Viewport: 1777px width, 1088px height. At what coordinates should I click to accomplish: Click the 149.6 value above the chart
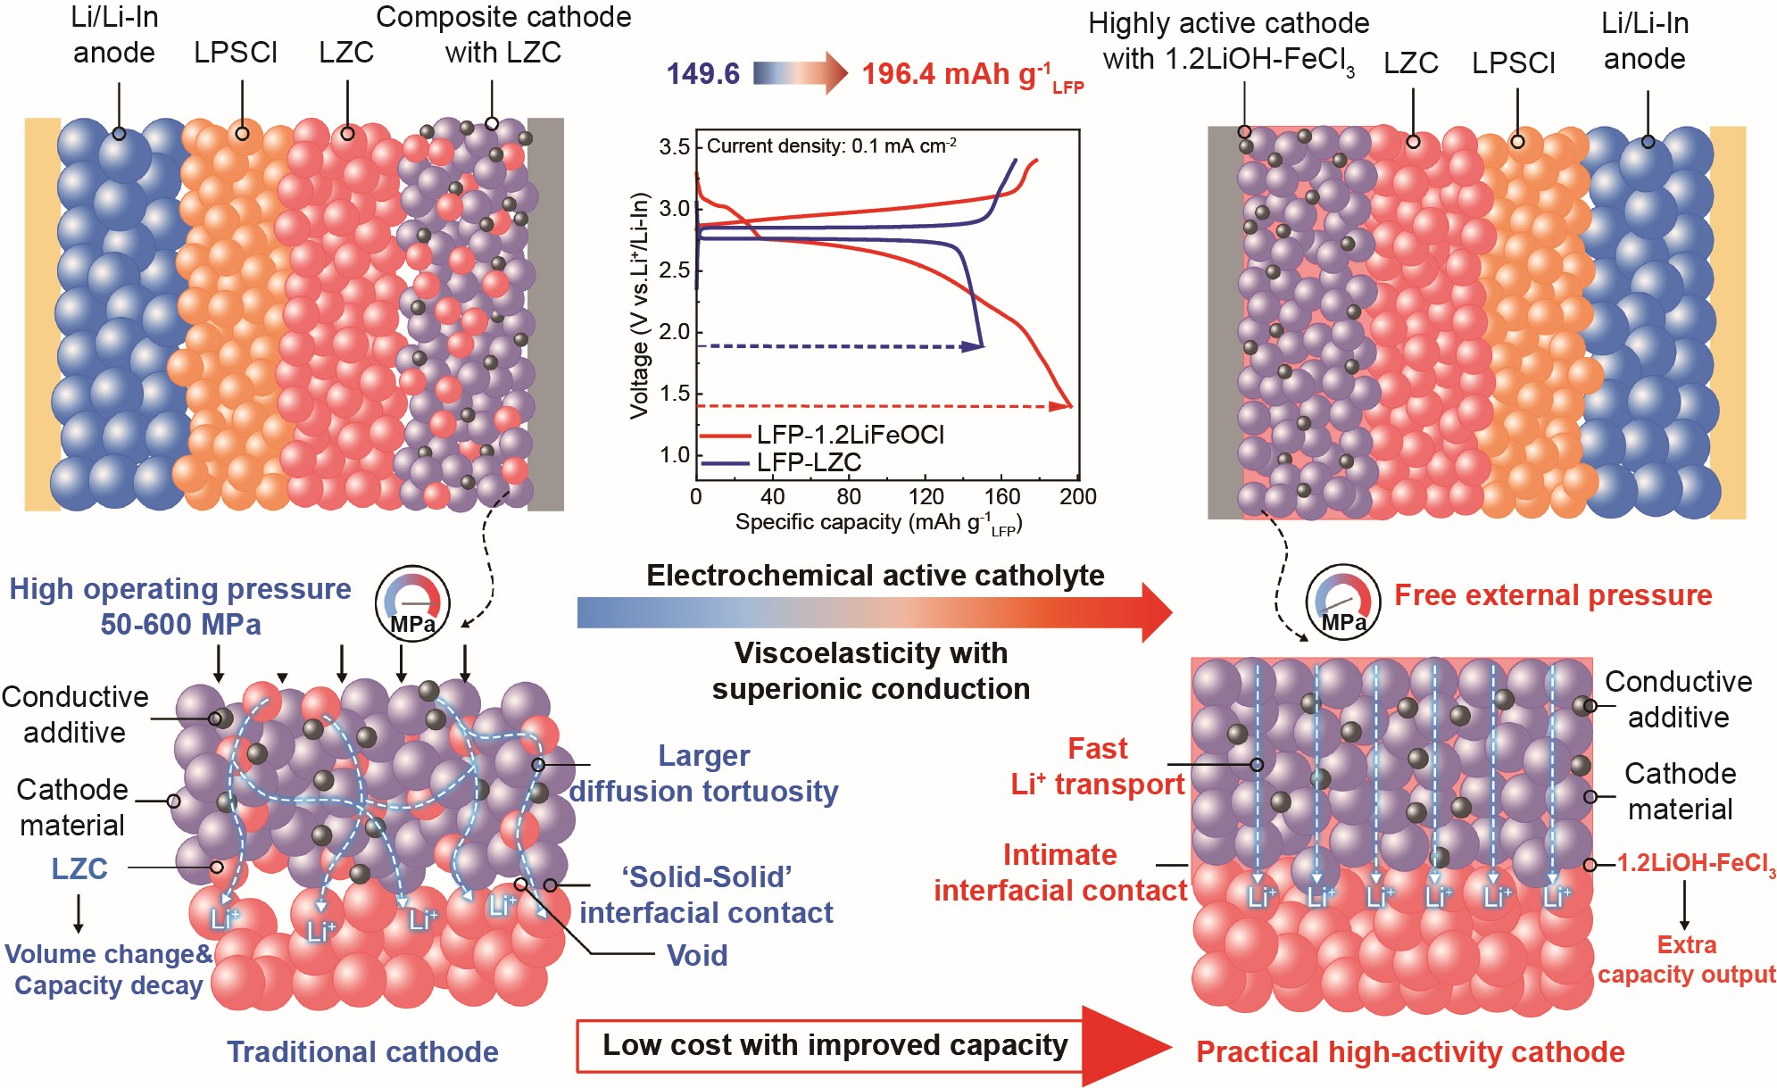point(702,73)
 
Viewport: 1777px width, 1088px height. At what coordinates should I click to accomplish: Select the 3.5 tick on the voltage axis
point(675,147)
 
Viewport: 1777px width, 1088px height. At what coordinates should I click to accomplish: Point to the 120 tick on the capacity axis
point(926,497)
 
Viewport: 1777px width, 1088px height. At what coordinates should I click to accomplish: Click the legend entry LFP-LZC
point(808,462)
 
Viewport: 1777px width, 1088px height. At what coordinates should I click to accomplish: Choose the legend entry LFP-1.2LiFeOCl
point(850,435)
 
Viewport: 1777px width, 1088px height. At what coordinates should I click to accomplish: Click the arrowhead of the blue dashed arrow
point(974,346)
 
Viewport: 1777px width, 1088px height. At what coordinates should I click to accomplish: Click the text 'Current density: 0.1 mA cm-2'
point(831,145)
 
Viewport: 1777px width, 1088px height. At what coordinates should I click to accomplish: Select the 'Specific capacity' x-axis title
point(878,523)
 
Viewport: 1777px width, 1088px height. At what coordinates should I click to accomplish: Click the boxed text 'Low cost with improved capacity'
point(835,1045)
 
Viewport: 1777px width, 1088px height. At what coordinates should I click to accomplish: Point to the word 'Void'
point(697,955)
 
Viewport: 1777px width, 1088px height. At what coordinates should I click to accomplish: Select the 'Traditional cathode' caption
point(362,1051)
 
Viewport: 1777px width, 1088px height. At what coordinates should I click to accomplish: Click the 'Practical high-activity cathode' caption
point(1409,1051)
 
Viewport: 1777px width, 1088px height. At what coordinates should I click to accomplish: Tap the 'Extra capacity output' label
point(1686,959)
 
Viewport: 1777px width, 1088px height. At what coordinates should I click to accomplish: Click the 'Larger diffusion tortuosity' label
point(703,774)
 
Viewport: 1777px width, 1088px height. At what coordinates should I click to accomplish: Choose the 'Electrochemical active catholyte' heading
point(875,576)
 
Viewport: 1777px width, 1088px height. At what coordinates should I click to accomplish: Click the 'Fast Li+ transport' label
point(1098,766)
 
